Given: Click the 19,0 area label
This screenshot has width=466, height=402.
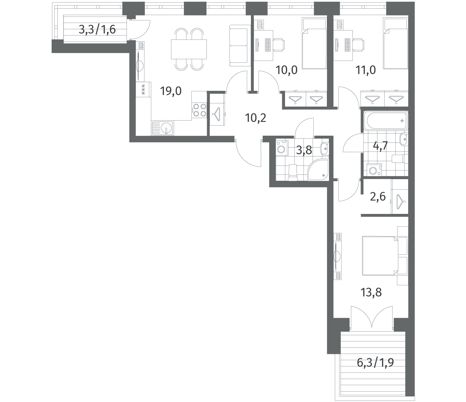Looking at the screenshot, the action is pyautogui.click(x=171, y=91).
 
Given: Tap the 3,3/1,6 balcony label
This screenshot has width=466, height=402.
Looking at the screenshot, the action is pyautogui.click(x=97, y=29).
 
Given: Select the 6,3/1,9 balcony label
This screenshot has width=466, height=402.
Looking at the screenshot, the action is pyautogui.click(x=375, y=369).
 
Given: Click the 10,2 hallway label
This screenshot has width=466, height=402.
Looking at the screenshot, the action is pyautogui.click(x=256, y=118).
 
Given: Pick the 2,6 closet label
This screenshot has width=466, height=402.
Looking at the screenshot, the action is pyautogui.click(x=378, y=197).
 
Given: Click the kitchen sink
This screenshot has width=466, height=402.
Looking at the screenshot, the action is pyautogui.click(x=162, y=128).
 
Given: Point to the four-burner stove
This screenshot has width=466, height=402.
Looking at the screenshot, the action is pyautogui.click(x=199, y=110).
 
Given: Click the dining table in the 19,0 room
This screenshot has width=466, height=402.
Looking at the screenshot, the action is pyautogui.click(x=189, y=49).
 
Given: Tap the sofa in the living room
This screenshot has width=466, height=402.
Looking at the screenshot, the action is pyautogui.click(x=240, y=46).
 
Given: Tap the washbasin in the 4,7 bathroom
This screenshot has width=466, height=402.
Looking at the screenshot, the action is pyautogui.click(x=404, y=140).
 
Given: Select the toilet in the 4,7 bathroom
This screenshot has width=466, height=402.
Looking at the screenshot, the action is pyautogui.click(x=399, y=158).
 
